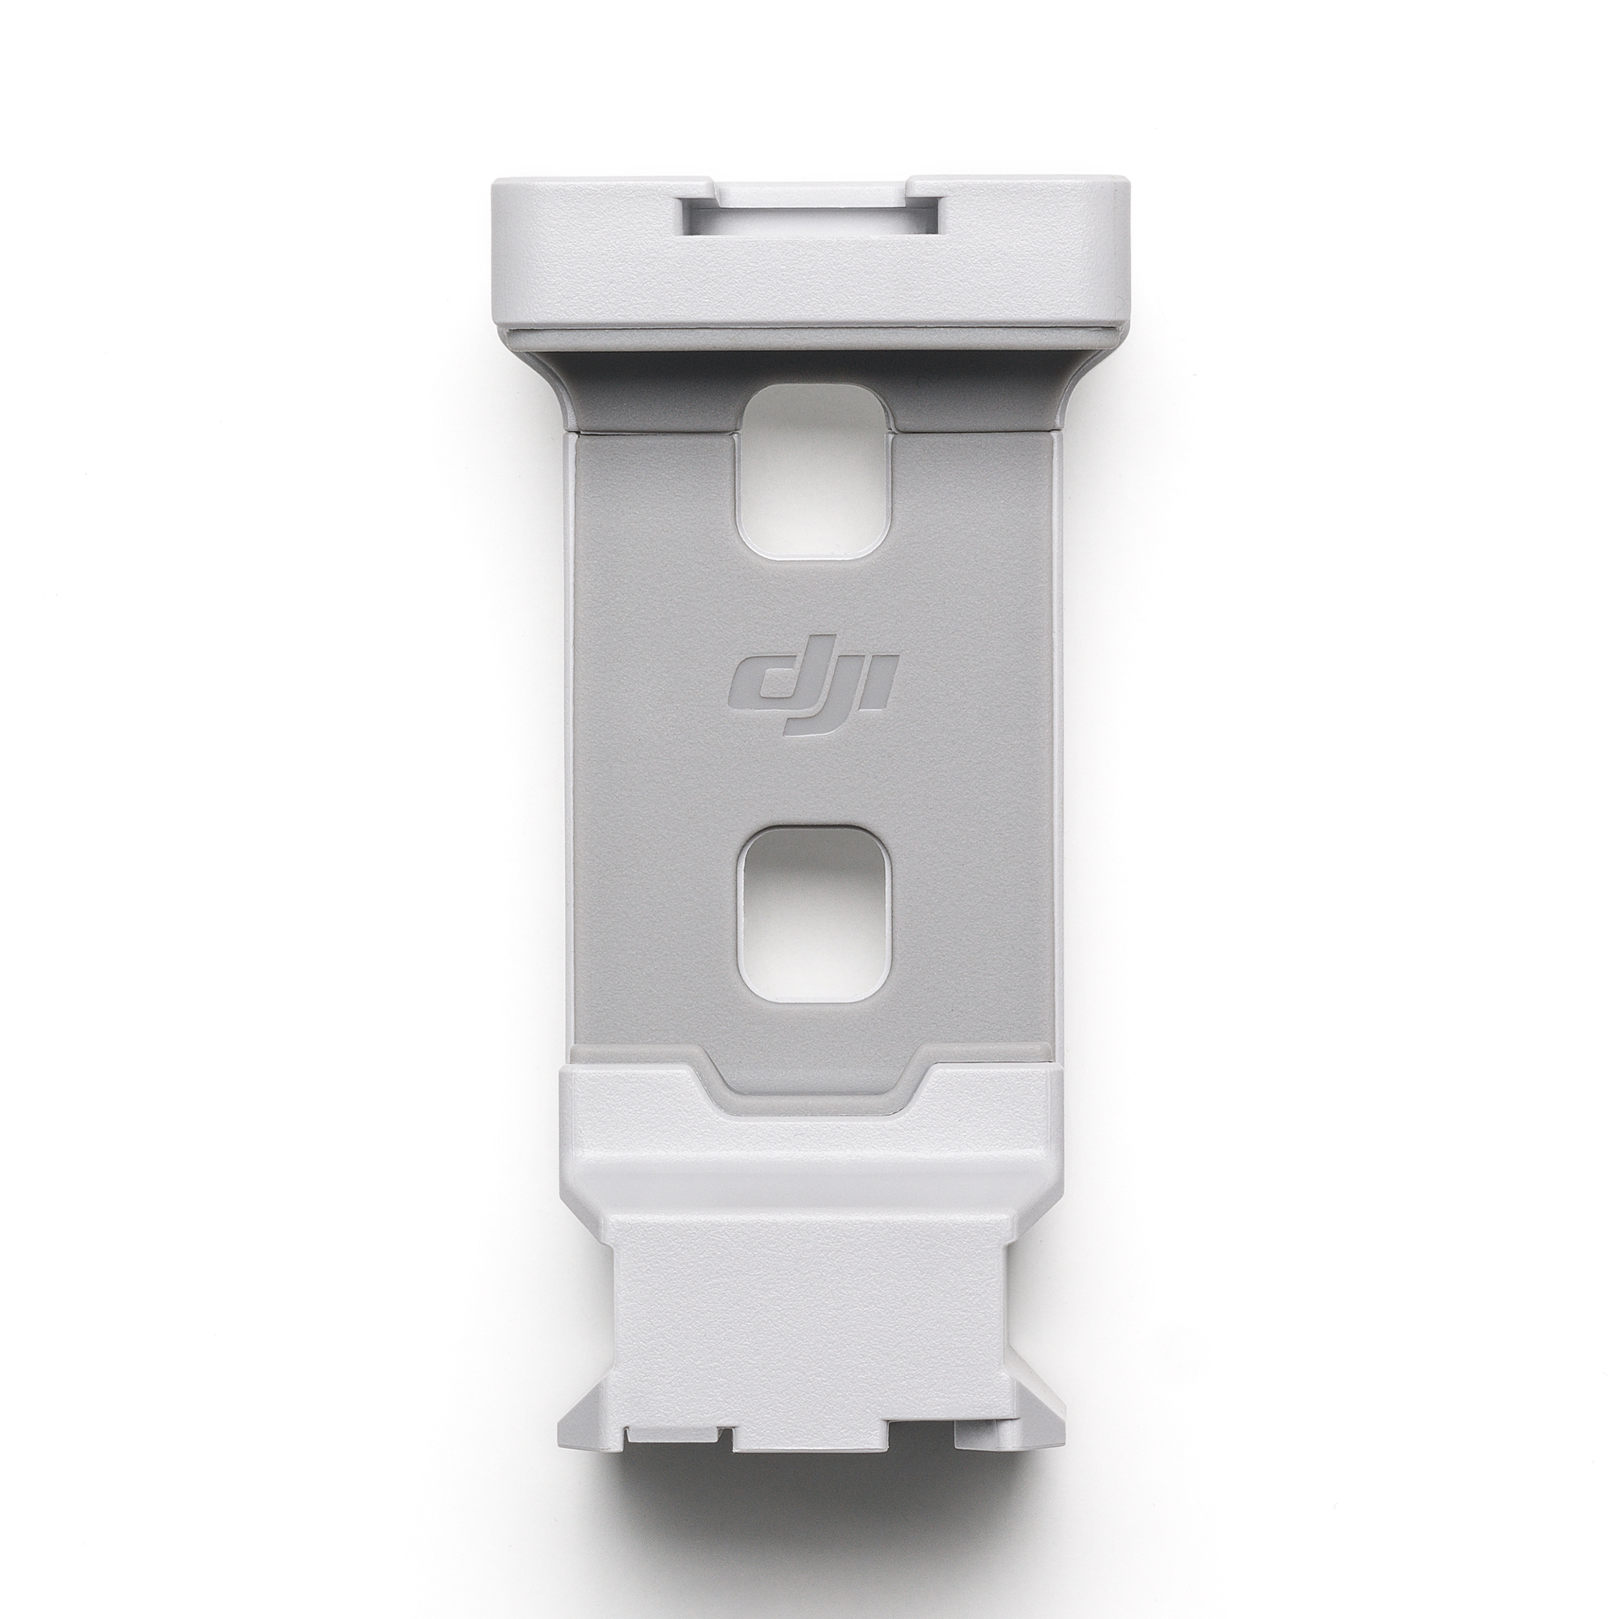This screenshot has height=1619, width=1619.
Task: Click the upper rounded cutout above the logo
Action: pyautogui.click(x=809, y=473)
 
